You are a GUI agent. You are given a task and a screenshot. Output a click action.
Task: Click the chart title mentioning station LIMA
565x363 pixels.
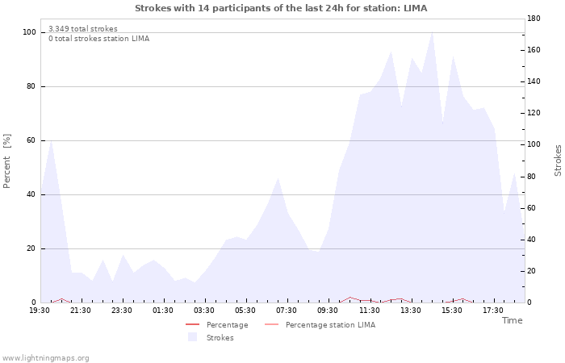click(x=281, y=8)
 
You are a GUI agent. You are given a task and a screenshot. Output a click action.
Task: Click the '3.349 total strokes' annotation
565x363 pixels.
click(x=83, y=29)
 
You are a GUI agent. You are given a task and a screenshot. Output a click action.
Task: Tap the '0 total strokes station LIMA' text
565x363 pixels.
click(x=99, y=39)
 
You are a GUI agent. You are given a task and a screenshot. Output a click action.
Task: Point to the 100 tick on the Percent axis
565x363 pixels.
click(x=30, y=32)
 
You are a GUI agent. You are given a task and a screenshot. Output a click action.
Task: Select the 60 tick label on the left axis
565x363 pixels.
click(x=31, y=140)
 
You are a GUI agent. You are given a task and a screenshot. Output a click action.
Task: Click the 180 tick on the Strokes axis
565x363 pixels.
click(x=534, y=19)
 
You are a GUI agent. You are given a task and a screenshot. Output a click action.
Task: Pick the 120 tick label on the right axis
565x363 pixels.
click(x=534, y=113)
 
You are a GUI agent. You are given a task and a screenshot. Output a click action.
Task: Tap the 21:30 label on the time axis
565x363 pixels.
click(x=81, y=311)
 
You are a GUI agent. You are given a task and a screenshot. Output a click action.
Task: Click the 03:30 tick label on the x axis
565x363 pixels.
click(x=204, y=311)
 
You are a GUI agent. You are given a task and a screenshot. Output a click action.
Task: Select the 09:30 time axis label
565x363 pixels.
click(x=328, y=311)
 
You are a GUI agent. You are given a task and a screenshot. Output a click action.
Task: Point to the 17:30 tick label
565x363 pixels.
click(x=493, y=311)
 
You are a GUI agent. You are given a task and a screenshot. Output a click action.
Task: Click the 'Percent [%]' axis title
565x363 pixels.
click(x=6, y=161)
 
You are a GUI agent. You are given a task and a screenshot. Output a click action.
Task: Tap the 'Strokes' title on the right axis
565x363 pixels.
click(x=558, y=161)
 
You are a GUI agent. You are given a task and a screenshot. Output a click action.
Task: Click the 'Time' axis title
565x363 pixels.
click(x=513, y=320)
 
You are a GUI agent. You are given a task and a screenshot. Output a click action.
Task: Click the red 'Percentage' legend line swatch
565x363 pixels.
click(x=192, y=325)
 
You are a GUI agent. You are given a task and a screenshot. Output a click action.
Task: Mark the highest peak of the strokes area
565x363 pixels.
click(x=432, y=32)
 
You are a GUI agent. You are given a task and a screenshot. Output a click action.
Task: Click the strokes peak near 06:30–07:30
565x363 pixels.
click(x=278, y=178)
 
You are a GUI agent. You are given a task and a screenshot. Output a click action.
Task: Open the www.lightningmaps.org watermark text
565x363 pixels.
click(x=45, y=358)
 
